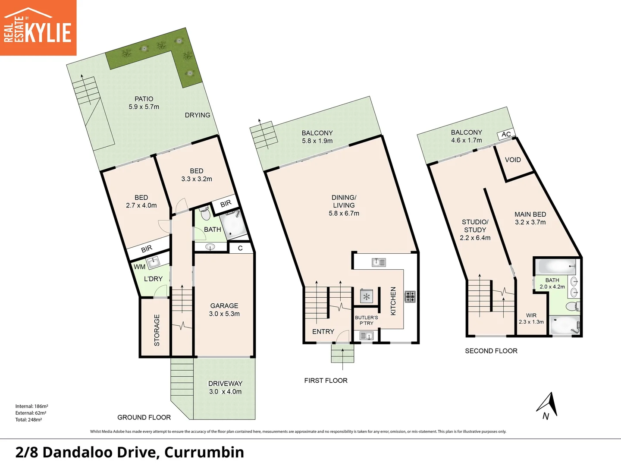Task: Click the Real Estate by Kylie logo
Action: (38, 28)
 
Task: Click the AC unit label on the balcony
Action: (506, 134)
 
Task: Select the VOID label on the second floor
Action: (513, 160)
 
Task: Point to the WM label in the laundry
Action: (139, 267)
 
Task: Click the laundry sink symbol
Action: (153, 262)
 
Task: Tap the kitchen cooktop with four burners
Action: (410, 296)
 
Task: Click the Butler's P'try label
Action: (366, 320)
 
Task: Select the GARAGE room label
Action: (224, 305)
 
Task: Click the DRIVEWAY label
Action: (225, 384)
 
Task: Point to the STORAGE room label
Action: (157, 330)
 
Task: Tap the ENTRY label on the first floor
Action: (323, 331)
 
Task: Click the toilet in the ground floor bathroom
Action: (204, 212)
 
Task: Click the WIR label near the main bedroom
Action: (531, 315)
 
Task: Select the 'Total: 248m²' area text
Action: (28, 419)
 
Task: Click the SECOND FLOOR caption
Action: (491, 351)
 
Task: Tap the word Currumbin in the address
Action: (204, 452)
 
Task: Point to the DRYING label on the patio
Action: (198, 115)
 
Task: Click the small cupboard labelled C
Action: (240, 248)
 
